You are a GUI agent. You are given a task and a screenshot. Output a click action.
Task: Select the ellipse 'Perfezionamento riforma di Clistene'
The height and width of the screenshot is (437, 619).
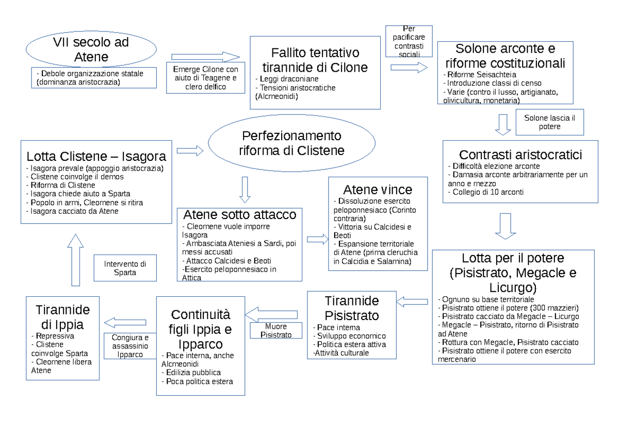[292, 144]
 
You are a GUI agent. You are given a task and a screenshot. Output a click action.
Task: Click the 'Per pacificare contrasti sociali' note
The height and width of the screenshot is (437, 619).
[409, 42]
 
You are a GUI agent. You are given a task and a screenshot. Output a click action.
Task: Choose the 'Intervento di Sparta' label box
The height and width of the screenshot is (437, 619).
[125, 268]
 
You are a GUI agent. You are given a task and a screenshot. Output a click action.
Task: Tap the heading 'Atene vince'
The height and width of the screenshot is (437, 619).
[378, 189]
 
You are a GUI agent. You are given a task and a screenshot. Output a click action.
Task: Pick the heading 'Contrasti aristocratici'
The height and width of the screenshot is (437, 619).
[520, 155]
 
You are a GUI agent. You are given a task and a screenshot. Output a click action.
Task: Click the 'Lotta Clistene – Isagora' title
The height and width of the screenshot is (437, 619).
[96, 156]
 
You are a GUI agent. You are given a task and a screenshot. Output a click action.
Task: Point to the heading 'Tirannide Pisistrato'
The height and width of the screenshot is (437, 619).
[352, 308]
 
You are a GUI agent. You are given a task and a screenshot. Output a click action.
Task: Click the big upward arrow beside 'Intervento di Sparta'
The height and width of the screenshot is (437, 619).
[75, 259]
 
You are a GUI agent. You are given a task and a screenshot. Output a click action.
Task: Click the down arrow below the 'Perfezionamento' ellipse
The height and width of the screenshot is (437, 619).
[245, 190]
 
